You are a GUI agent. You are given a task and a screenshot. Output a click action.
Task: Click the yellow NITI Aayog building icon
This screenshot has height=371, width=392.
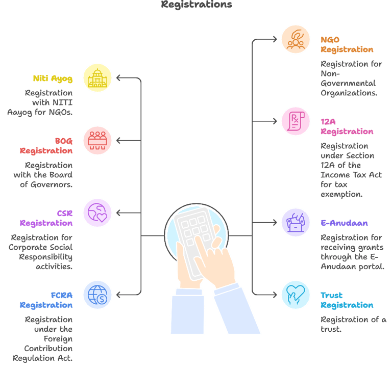tap(97, 78)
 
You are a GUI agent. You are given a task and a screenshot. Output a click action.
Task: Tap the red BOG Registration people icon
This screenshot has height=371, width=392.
tap(97, 141)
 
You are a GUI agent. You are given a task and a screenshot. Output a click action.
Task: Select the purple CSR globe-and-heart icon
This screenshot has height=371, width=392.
tap(97, 213)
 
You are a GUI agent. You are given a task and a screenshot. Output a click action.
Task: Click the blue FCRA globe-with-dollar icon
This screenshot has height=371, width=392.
tap(97, 295)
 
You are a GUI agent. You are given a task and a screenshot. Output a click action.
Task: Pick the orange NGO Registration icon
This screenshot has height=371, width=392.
tap(296, 39)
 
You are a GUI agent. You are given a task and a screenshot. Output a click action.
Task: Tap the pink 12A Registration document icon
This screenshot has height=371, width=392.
tap(296, 121)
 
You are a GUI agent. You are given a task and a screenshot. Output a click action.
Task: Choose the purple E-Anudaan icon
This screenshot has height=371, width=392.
tap(296, 223)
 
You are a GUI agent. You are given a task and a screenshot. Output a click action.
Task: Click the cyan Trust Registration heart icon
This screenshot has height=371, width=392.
tap(296, 295)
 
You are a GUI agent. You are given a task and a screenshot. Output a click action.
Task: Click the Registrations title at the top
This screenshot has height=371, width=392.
tap(196, 5)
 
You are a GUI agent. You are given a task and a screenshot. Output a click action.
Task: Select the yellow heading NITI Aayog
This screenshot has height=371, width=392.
tap(53, 78)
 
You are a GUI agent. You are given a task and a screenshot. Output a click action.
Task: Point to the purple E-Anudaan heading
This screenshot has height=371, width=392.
tap(344, 223)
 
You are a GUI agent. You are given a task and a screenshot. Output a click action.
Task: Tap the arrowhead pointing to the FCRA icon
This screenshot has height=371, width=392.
tap(118, 295)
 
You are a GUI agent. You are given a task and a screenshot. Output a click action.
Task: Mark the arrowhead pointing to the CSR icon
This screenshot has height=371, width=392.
tap(118, 213)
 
